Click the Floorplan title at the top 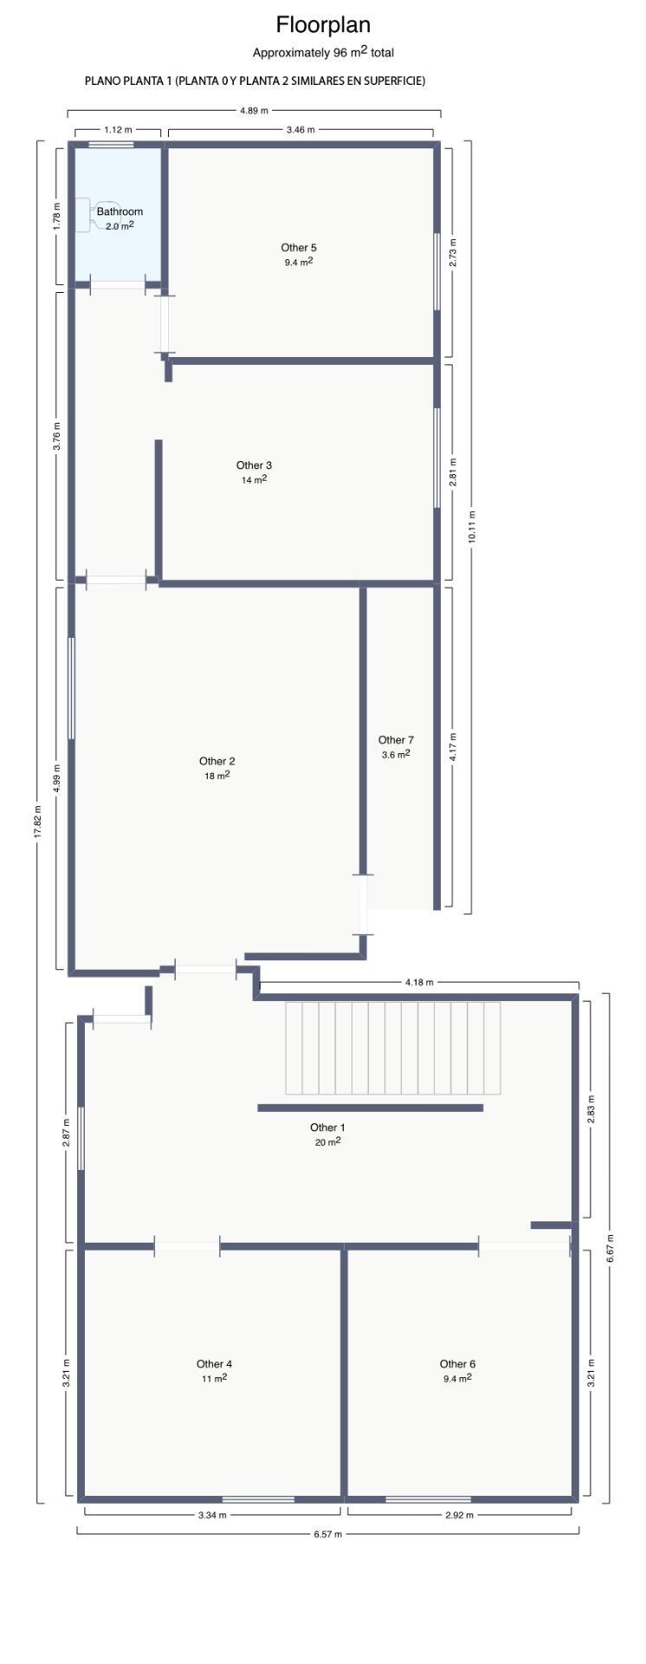[x=323, y=24]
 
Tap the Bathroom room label [x=120, y=211]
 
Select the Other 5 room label [x=299, y=248]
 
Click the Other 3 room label [x=254, y=465]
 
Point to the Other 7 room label [x=396, y=740]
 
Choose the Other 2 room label [x=216, y=762]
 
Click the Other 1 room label [x=327, y=1128]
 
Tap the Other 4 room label [x=214, y=1364]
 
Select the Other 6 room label [x=457, y=1364]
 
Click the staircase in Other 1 [x=393, y=1048]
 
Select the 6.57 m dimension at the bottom [x=327, y=1533]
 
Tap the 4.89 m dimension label [x=254, y=110]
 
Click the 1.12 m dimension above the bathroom [x=118, y=130]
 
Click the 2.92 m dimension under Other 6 [x=459, y=1515]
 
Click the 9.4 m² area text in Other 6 [x=457, y=1378]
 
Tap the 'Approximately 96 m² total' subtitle [x=323, y=53]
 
